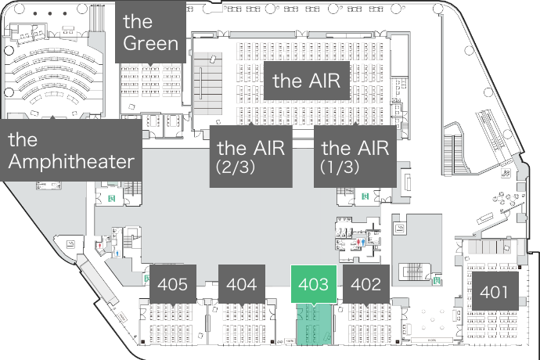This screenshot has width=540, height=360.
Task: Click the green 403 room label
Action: pos(314,284)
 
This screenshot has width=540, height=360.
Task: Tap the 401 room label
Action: pos(494,293)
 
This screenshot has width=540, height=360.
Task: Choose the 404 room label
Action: pos(241,284)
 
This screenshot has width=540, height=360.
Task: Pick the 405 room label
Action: pos(172,284)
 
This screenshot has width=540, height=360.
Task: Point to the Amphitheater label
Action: pos(71,151)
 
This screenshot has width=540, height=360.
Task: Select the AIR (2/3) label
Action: pos(250,157)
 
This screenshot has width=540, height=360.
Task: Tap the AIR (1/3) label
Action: pos(355,157)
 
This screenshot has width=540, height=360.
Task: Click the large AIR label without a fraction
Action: pos(310,81)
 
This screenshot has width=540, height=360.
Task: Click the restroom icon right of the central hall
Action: pos(360,242)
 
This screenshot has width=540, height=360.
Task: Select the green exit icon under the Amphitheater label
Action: pos(112,198)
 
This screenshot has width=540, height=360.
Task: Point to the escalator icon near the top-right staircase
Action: pos(507,173)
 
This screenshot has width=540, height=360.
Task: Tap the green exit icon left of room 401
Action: pos(435,279)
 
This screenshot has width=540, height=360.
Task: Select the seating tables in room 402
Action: pos(369,322)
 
